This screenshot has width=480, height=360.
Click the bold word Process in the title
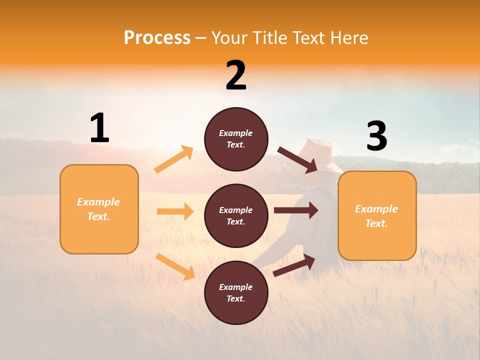pos(157,38)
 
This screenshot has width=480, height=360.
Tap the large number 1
pos(99,128)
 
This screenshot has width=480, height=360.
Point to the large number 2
pos(236,75)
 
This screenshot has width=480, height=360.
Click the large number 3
pos(376,136)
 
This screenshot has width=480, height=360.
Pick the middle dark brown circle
pos(236,215)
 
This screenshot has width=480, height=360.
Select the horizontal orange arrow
pos(175,211)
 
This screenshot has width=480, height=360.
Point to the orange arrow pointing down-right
pos(175,266)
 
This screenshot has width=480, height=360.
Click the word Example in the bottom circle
pos(235,287)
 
